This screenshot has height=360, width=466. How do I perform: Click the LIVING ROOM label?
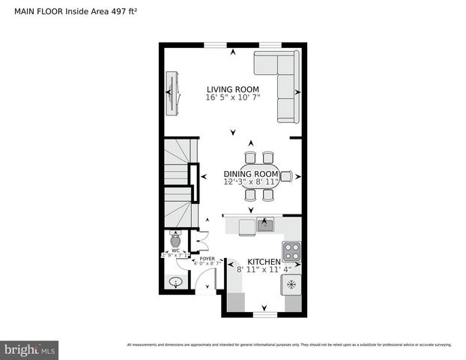click(233, 88)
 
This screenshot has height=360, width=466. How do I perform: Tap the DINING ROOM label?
click(251, 173)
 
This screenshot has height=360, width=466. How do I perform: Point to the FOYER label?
click(207, 258)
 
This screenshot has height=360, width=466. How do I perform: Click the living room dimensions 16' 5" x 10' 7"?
click(233, 97)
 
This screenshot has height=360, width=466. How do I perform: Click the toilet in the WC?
click(175, 241)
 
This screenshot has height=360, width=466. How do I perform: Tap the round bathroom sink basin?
click(176, 282)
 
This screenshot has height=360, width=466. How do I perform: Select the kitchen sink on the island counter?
click(264, 223)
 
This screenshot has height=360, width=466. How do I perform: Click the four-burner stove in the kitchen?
click(291, 250)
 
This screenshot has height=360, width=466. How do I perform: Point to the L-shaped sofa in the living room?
click(282, 81)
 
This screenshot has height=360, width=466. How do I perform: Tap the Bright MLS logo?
click(29, 349)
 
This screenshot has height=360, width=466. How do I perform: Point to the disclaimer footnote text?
click(289, 345)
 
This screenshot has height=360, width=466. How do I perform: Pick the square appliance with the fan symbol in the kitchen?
click(291, 285)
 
